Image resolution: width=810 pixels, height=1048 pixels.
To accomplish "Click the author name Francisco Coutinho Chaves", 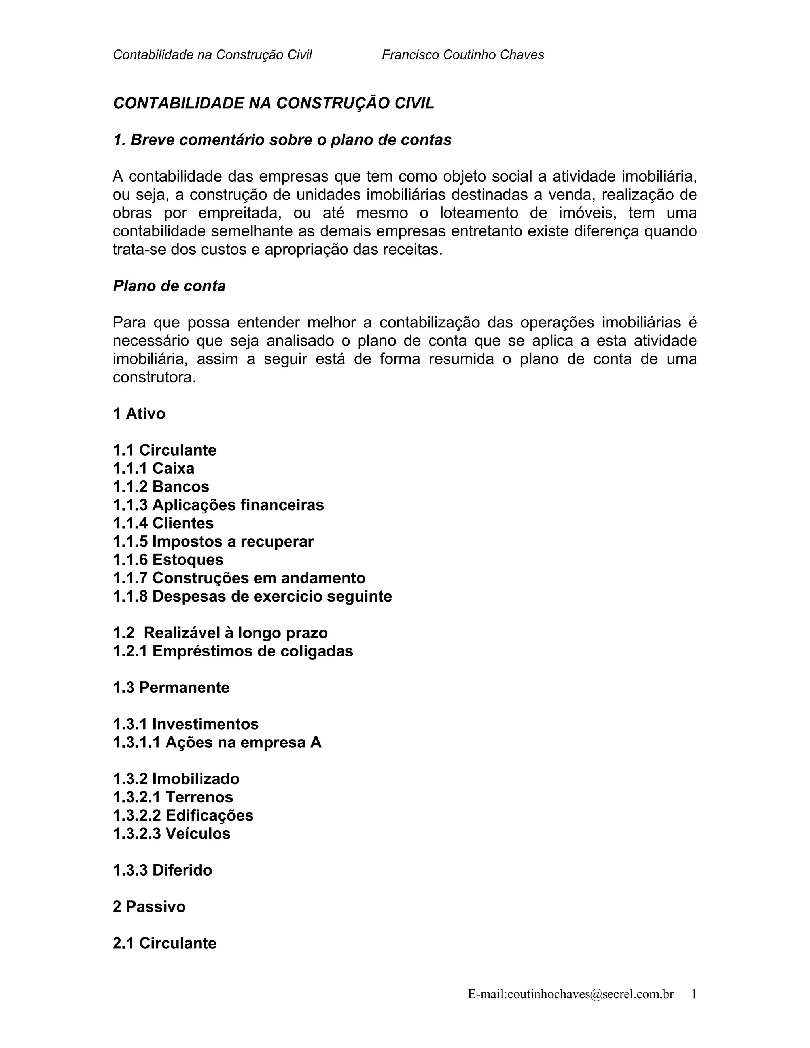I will (463, 55).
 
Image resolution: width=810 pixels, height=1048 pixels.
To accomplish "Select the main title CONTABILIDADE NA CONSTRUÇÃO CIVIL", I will (274, 103).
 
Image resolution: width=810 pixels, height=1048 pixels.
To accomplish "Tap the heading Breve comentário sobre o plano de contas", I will (282, 140).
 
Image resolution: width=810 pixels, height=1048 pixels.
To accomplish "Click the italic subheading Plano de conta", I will (169, 286).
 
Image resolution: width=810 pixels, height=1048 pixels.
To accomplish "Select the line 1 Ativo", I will (139, 414).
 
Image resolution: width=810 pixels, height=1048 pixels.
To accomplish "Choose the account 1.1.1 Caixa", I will (153, 468).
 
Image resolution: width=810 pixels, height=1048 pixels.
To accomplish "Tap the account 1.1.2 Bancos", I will (161, 486).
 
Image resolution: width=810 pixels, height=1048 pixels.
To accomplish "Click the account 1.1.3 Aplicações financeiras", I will (218, 505).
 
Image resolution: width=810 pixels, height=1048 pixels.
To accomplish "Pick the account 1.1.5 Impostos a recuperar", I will (213, 541).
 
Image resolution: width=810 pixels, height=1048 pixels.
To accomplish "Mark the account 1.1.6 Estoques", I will (168, 560).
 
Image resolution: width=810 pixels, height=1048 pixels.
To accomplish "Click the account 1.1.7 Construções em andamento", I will (239, 578).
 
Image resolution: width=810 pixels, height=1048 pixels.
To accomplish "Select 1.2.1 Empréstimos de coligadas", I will (233, 651).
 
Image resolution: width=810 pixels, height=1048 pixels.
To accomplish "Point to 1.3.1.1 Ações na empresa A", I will (217, 742).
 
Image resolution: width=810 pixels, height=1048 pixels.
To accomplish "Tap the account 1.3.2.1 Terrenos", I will (173, 797).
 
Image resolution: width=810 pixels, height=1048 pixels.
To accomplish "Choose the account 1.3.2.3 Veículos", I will (171, 834).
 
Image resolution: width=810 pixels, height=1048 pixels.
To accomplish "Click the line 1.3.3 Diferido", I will (162, 870).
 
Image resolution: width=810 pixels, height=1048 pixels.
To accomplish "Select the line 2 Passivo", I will (149, 906).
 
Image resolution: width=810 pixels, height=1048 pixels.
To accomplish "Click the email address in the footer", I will (571, 994).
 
